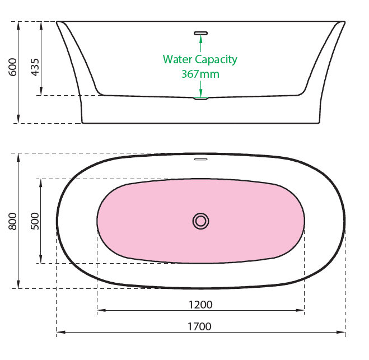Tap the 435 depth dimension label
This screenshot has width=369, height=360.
(35, 68)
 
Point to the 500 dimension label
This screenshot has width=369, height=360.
(35, 222)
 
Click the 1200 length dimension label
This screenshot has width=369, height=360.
(200, 305)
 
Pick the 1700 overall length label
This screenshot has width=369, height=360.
(200, 326)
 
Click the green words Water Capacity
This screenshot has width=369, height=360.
(200, 59)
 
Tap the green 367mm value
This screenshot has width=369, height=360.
(200, 73)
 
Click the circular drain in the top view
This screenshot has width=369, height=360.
(200, 221)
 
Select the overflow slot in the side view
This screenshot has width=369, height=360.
(200, 32)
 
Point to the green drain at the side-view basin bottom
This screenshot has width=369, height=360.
(200, 99)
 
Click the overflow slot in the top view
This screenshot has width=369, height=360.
(200, 159)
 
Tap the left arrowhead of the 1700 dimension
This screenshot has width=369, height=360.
(59, 333)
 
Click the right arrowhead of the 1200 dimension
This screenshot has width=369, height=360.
(301, 310)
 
